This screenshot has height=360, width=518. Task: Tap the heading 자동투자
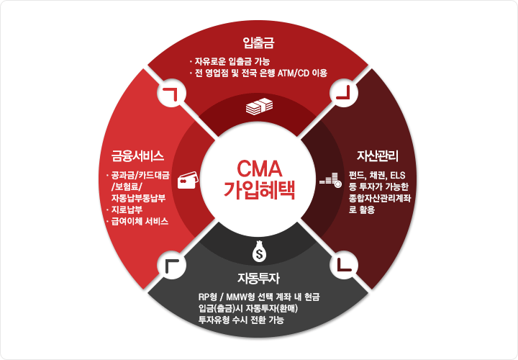pos(259,278)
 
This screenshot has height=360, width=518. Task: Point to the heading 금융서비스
pos(138,156)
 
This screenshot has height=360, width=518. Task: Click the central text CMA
pos(259,168)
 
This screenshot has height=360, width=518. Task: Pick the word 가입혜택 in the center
pos(259,190)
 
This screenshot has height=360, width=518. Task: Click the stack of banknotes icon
pos(259,108)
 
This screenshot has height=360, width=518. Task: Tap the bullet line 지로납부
pos(126,210)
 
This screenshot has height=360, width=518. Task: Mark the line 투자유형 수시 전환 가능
pos(242,320)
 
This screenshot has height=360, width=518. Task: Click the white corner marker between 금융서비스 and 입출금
pos(171,94)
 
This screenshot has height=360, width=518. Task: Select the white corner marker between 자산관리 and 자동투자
pos(344,265)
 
